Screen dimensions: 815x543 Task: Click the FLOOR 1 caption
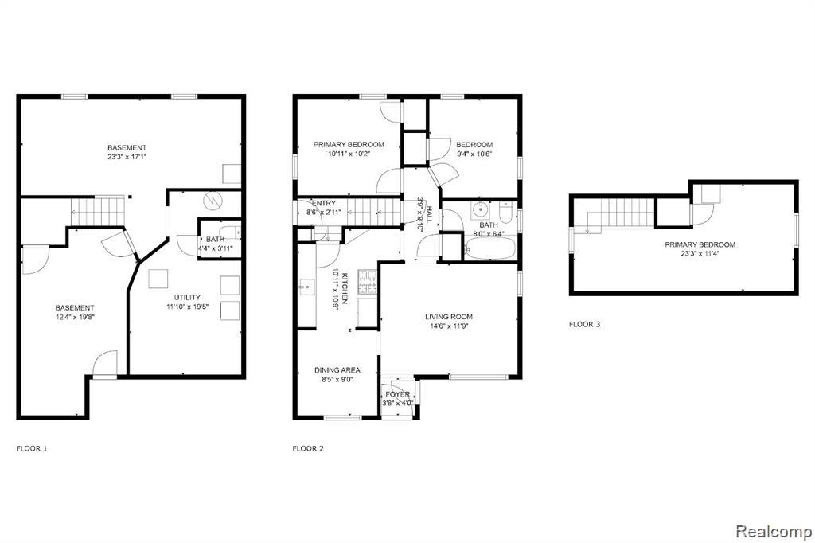click(32, 448)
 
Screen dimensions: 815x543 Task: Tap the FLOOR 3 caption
click(585, 325)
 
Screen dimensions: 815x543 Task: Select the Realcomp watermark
click(774, 532)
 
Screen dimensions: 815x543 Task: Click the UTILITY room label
click(187, 298)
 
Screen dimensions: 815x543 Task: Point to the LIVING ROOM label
click(449, 317)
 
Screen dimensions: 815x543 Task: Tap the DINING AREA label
click(337, 370)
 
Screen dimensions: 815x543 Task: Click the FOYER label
click(398, 394)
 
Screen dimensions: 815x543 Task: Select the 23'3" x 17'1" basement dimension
click(127, 157)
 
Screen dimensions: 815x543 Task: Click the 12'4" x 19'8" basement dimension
click(75, 317)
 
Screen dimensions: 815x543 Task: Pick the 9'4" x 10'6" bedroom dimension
click(474, 154)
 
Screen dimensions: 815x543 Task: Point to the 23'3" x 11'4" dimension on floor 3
click(700, 254)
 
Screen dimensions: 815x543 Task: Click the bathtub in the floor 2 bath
click(489, 248)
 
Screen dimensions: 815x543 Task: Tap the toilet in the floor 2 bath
click(505, 212)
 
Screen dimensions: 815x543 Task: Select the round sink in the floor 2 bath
click(482, 211)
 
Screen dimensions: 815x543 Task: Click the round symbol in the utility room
click(213, 200)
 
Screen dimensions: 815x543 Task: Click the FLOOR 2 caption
click(308, 448)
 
